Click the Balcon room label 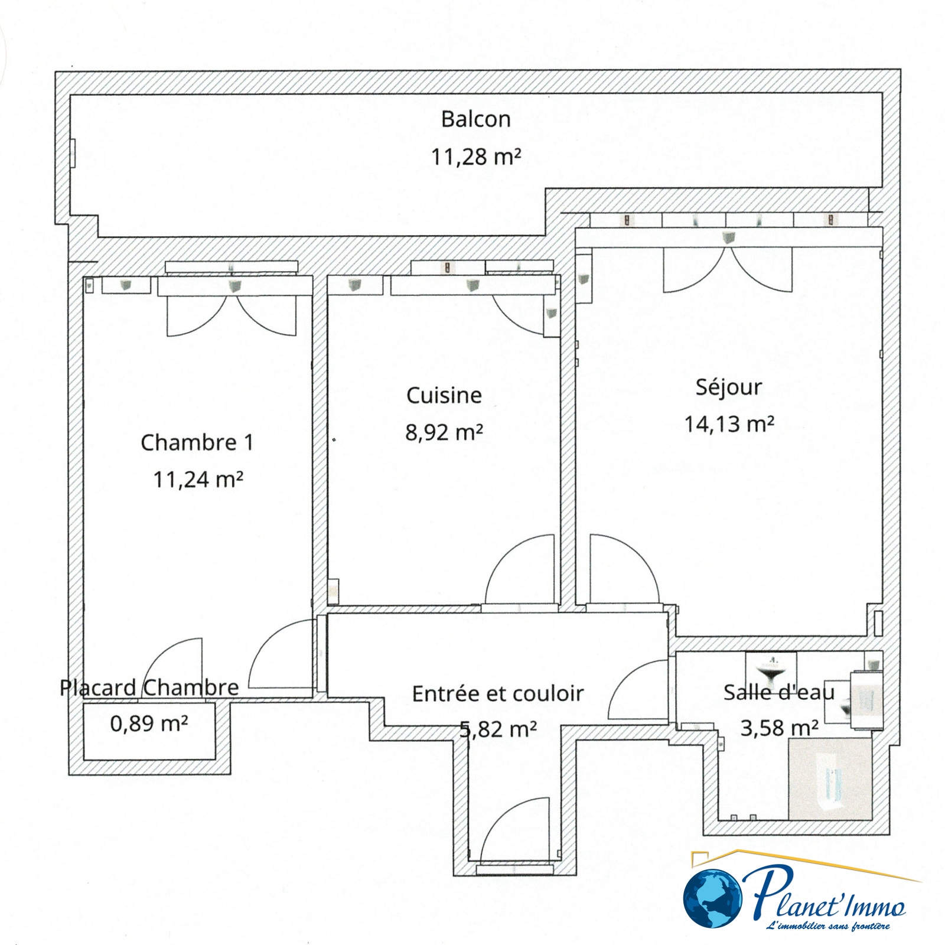pyautogui.click(x=475, y=119)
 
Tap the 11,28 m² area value pyautogui.click(x=476, y=157)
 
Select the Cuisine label pyautogui.click(x=444, y=395)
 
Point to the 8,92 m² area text pyautogui.click(x=444, y=432)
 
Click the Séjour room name pyautogui.click(x=729, y=387)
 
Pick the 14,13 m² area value pyautogui.click(x=729, y=423)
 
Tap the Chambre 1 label pyautogui.click(x=197, y=442)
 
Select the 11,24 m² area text pyautogui.click(x=198, y=479)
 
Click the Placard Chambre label pyautogui.click(x=149, y=687)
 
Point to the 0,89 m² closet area pyautogui.click(x=149, y=723)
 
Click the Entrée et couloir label pyautogui.click(x=498, y=693)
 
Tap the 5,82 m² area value pyautogui.click(x=498, y=729)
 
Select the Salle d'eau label pyautogui.click(x=779, y=692)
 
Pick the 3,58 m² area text pyautogui.click(x=780, y=728)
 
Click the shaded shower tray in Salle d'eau pyautogui.click(x=830, y=778)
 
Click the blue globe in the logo pyautogui.click(x=713, y=898)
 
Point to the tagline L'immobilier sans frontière pyautogui.click(x=827, y=925)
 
